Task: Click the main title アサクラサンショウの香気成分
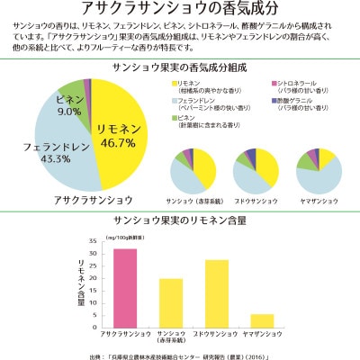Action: click(180, 10)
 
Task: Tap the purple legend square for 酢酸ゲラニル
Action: click(274, 100)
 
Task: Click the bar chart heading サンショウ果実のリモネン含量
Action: click(180, 219)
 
